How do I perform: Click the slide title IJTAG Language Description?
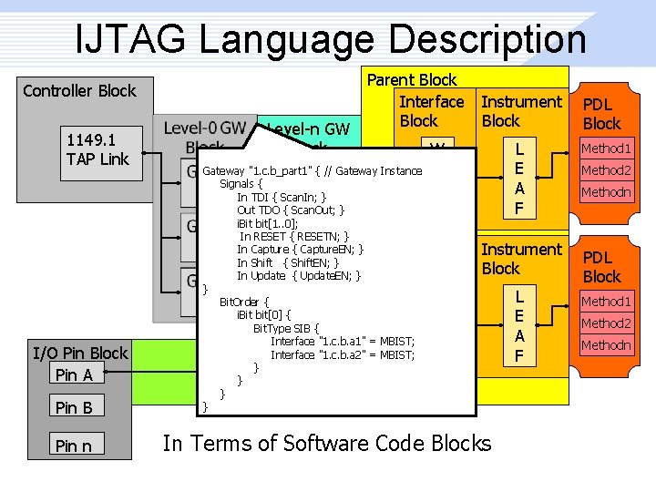click(331, 39)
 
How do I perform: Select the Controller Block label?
click(79, 90)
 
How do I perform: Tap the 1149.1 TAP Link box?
click(97, 150)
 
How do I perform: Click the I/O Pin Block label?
click(80, 353)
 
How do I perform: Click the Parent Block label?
click(412, 80)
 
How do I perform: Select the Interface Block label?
click(431, 111)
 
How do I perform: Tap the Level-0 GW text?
click(204, 128)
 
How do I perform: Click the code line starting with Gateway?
click(312, 170)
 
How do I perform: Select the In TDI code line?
click(282, 197)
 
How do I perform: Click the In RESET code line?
click(294, 236)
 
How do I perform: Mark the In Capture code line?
click(301, 249)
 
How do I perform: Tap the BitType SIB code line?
click(286, 328)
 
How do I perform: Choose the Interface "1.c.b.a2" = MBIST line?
click(342, 354)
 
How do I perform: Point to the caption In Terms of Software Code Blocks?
click(326, 444)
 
